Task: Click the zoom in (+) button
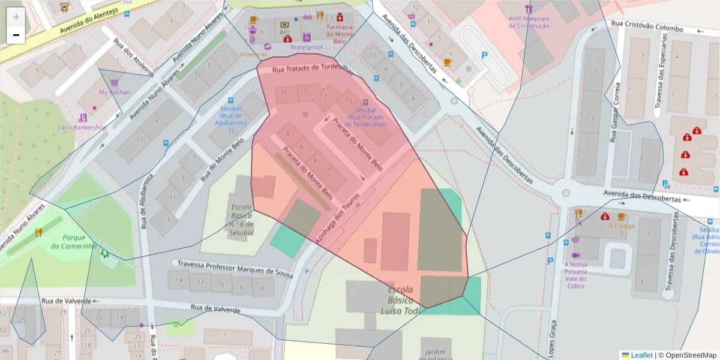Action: (x=16, y=17)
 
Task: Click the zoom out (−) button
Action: (x=16, y=35)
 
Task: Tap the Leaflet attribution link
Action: (x=641, y=355)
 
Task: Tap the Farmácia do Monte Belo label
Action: (x=340, y=31)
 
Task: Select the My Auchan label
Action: (x=114, y=92)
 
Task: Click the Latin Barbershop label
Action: (x=82, y=127)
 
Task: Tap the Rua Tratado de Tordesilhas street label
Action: (x=311, y=68)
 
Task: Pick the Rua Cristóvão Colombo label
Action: (x=647, y=28)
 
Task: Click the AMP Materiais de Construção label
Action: (x=529, y=22)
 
